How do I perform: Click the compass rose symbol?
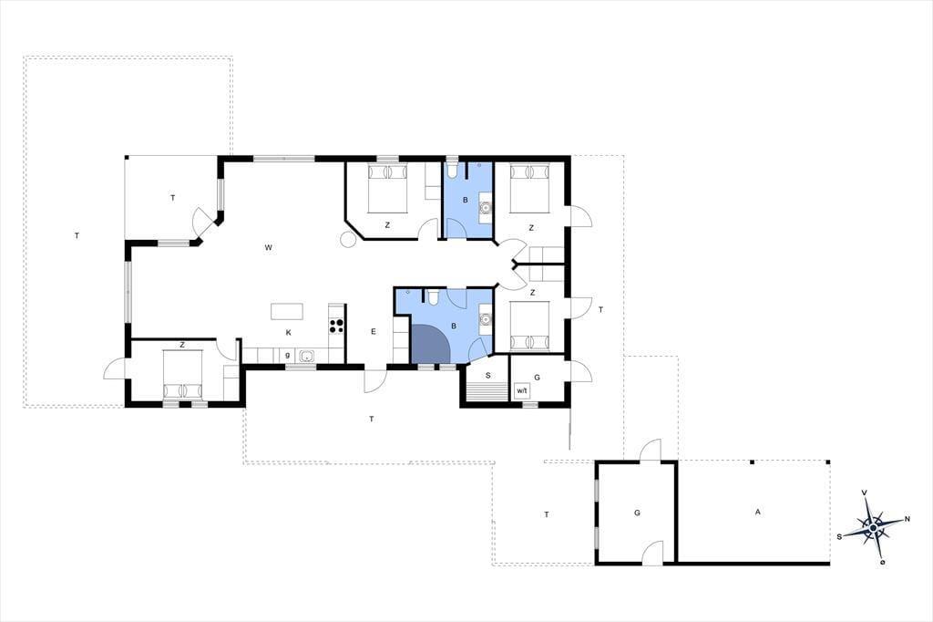point(873,527)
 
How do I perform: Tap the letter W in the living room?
point(269,247)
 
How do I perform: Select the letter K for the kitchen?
point(289,333)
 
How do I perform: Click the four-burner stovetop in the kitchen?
point(336,326)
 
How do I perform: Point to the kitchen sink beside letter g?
point(307,356)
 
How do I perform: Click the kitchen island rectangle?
point(287,311)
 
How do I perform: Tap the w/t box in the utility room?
point(522,391)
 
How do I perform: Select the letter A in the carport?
point(757,512)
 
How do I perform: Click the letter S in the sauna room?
point(488,376)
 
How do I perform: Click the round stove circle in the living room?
point(347,240)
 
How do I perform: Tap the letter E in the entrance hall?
point(374,332)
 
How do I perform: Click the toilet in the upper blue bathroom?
point(453,171)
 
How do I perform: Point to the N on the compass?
point(907,519)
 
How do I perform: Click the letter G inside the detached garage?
point(637,513)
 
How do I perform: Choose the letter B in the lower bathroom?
point(454,326)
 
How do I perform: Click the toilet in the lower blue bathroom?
point(434,296)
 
